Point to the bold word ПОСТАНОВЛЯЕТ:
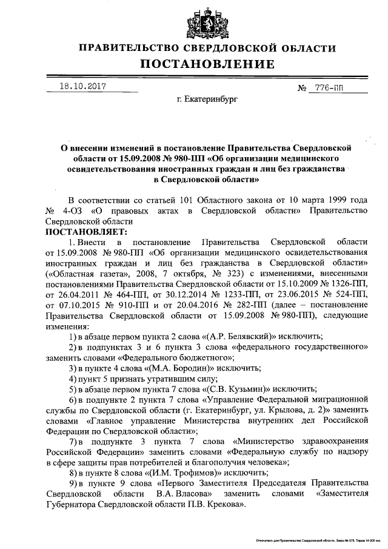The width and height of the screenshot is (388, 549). click(x=87, y=232)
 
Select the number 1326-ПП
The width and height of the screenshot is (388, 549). click(x=347, y=283)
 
